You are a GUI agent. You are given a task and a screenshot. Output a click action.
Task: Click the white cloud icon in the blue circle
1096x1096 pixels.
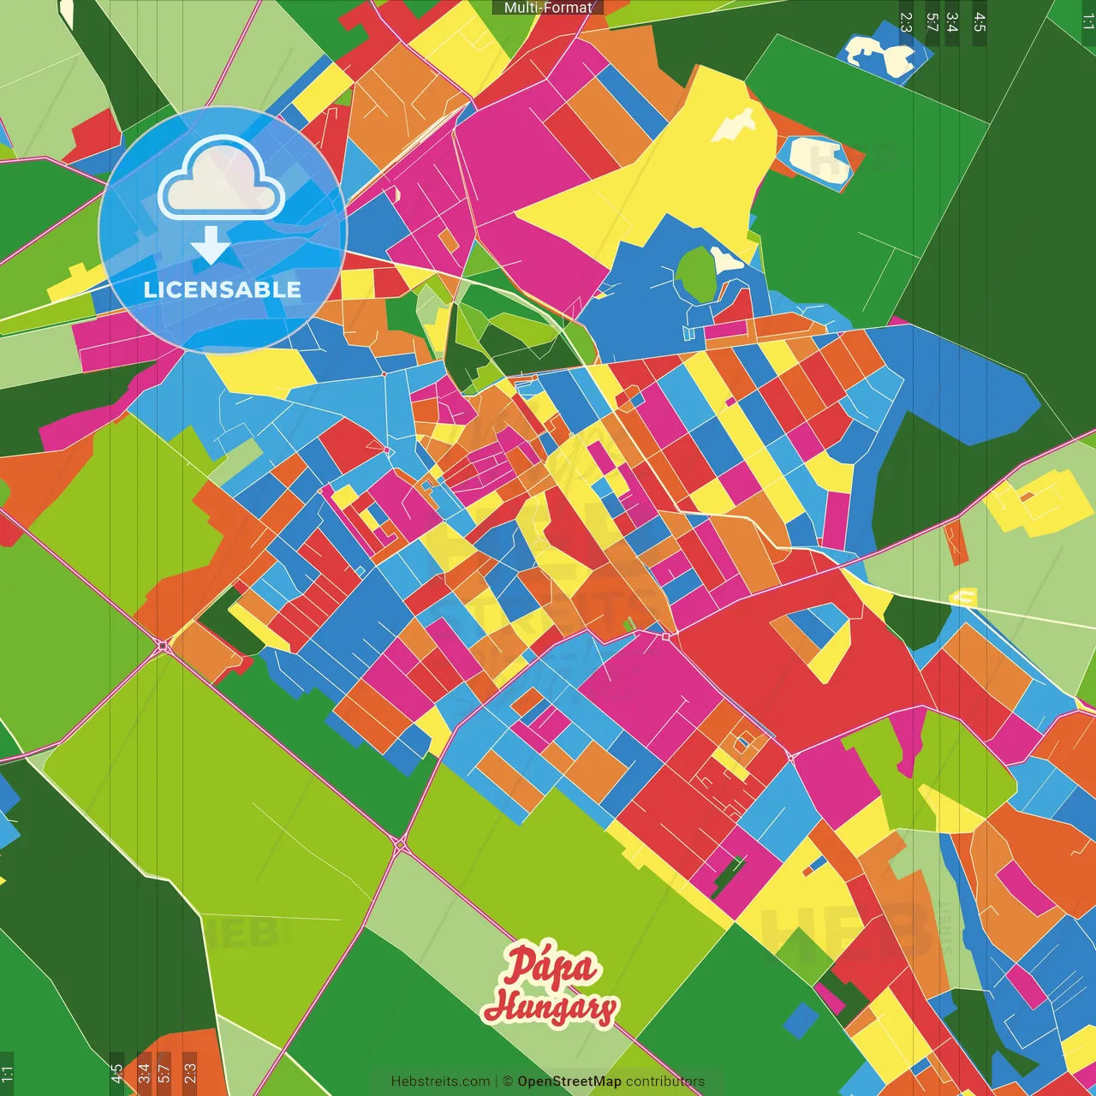[222, 181]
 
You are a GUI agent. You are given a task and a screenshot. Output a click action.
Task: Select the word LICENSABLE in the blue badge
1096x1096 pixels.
[222, 289]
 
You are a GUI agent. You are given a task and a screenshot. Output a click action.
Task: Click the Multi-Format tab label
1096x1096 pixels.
[548, 8]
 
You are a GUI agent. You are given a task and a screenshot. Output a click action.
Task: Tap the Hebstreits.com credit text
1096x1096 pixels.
[440, 1081]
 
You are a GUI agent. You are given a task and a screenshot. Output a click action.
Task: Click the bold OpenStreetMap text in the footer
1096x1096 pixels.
[569, 1081]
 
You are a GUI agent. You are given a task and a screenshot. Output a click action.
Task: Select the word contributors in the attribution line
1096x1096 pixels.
[665, 1081]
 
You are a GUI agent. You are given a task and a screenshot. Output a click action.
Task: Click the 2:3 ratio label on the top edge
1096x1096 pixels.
[906, 22]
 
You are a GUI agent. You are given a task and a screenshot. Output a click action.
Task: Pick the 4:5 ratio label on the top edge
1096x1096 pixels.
[980, 22]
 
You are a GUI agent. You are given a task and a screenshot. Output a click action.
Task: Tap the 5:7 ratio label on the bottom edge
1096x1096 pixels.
[164, 1072]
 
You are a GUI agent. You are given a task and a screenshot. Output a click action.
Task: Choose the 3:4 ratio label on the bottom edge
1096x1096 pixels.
[143, 1072]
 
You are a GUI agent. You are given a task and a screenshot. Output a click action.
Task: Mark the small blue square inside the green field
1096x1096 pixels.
[801, 1019]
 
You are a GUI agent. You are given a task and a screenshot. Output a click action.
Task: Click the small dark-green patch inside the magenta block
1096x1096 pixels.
[727, 877]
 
